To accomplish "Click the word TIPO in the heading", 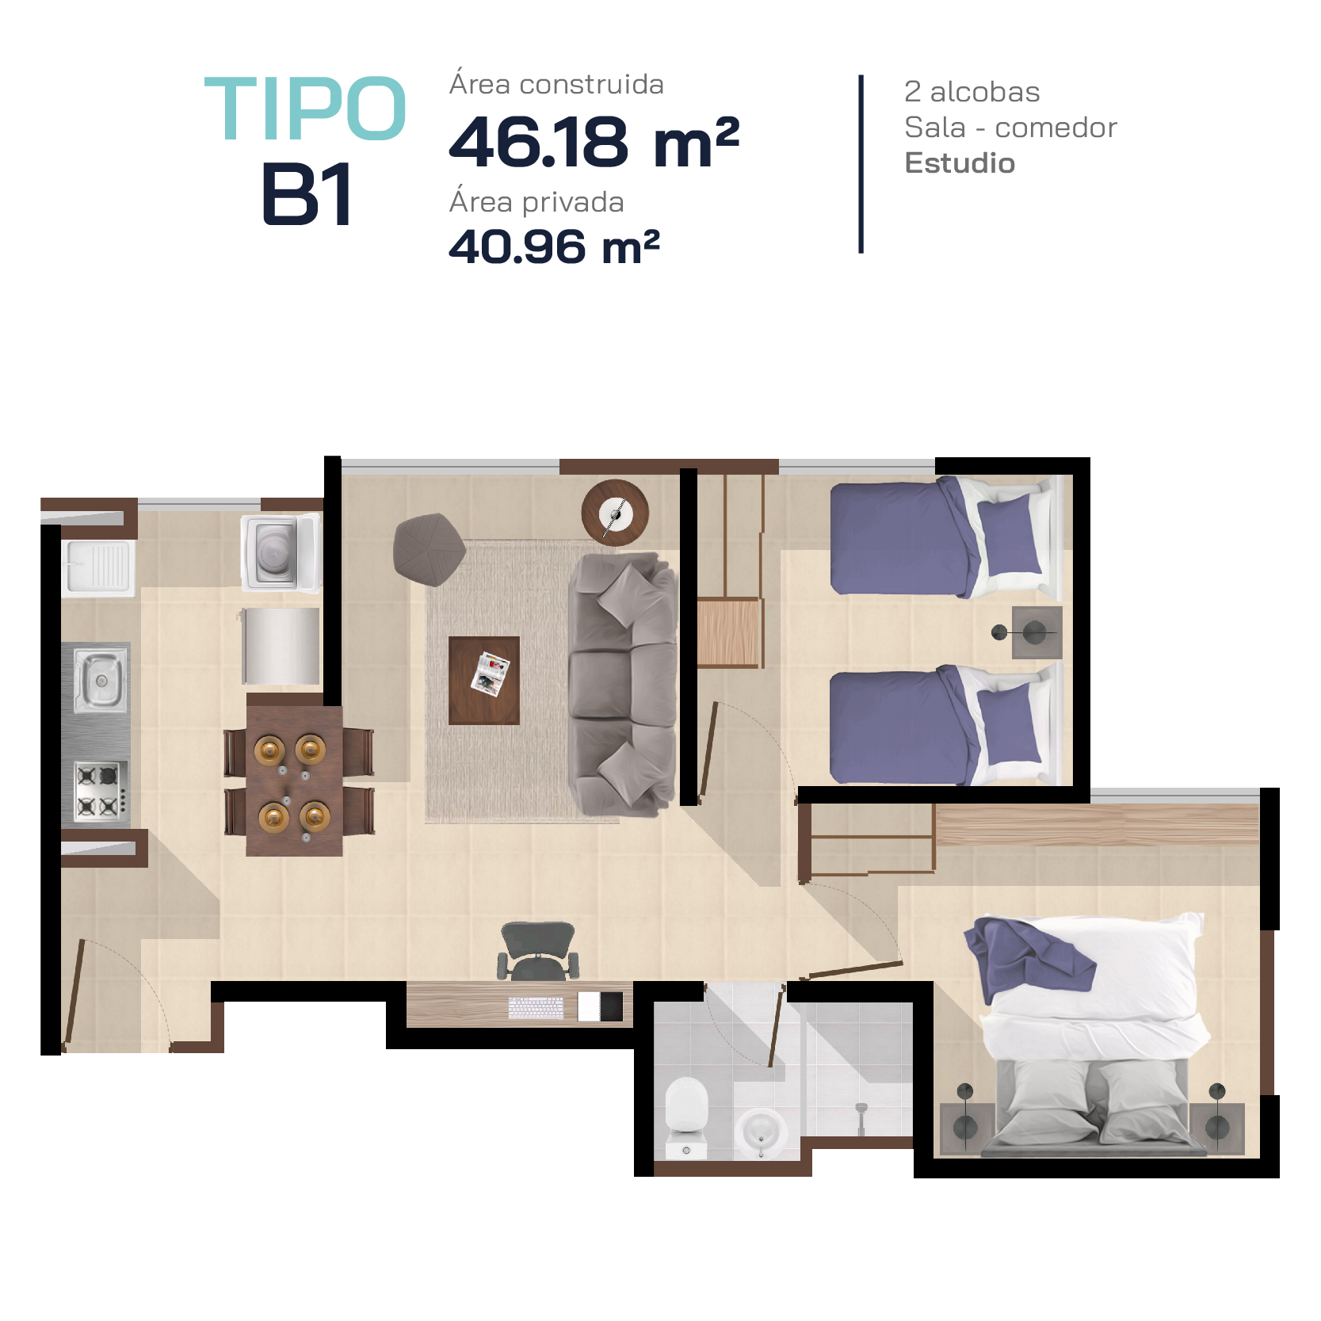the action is click(x=306, y=109).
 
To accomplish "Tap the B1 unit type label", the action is click(x=307, y=194).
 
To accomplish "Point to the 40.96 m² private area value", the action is click(x=554, y=246).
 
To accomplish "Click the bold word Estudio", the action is click(x=960, y=162).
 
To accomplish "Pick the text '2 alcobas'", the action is click(x=972, y=92).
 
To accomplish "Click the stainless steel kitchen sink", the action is click(x=101, y=679).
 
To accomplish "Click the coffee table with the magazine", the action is click(x=484, y=681).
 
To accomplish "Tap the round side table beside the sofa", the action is click(x=615, y=513).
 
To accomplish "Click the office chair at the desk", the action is click(x=538, y=951).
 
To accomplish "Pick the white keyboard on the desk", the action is click(x=536, y=1008).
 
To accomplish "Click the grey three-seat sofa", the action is click(x=624, y=685).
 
